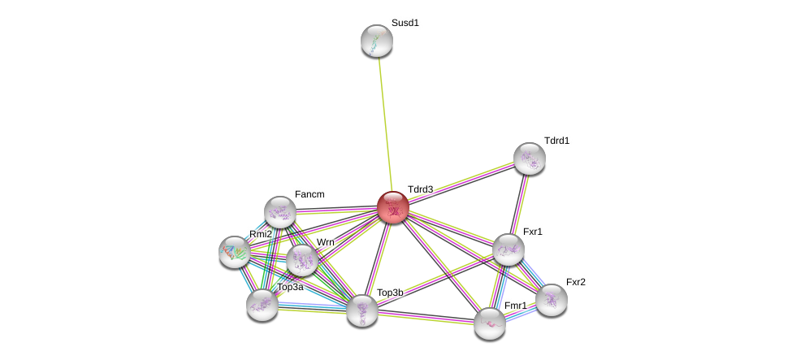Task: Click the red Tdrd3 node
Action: point(392,207)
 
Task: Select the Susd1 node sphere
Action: point(376,41)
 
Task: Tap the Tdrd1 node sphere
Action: point(529,158)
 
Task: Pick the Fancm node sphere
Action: point(279,212)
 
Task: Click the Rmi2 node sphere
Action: point(234,252)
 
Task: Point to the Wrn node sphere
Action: point(301,260)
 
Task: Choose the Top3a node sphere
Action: point(262,305)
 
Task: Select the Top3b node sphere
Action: point(361,310)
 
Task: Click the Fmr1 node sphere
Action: point(489,323)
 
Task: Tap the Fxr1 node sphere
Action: point(508,249)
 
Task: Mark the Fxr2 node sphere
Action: point(551,299)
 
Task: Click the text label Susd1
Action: point(405,23)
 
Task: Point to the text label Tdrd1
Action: point(556,141)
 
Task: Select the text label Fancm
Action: point(309,194)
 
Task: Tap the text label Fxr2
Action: point(575,282)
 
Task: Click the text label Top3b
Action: point(389,293)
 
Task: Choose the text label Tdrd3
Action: point(420,189)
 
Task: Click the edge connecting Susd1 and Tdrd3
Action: point(384,122)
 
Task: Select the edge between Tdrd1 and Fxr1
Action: point(519,203)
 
